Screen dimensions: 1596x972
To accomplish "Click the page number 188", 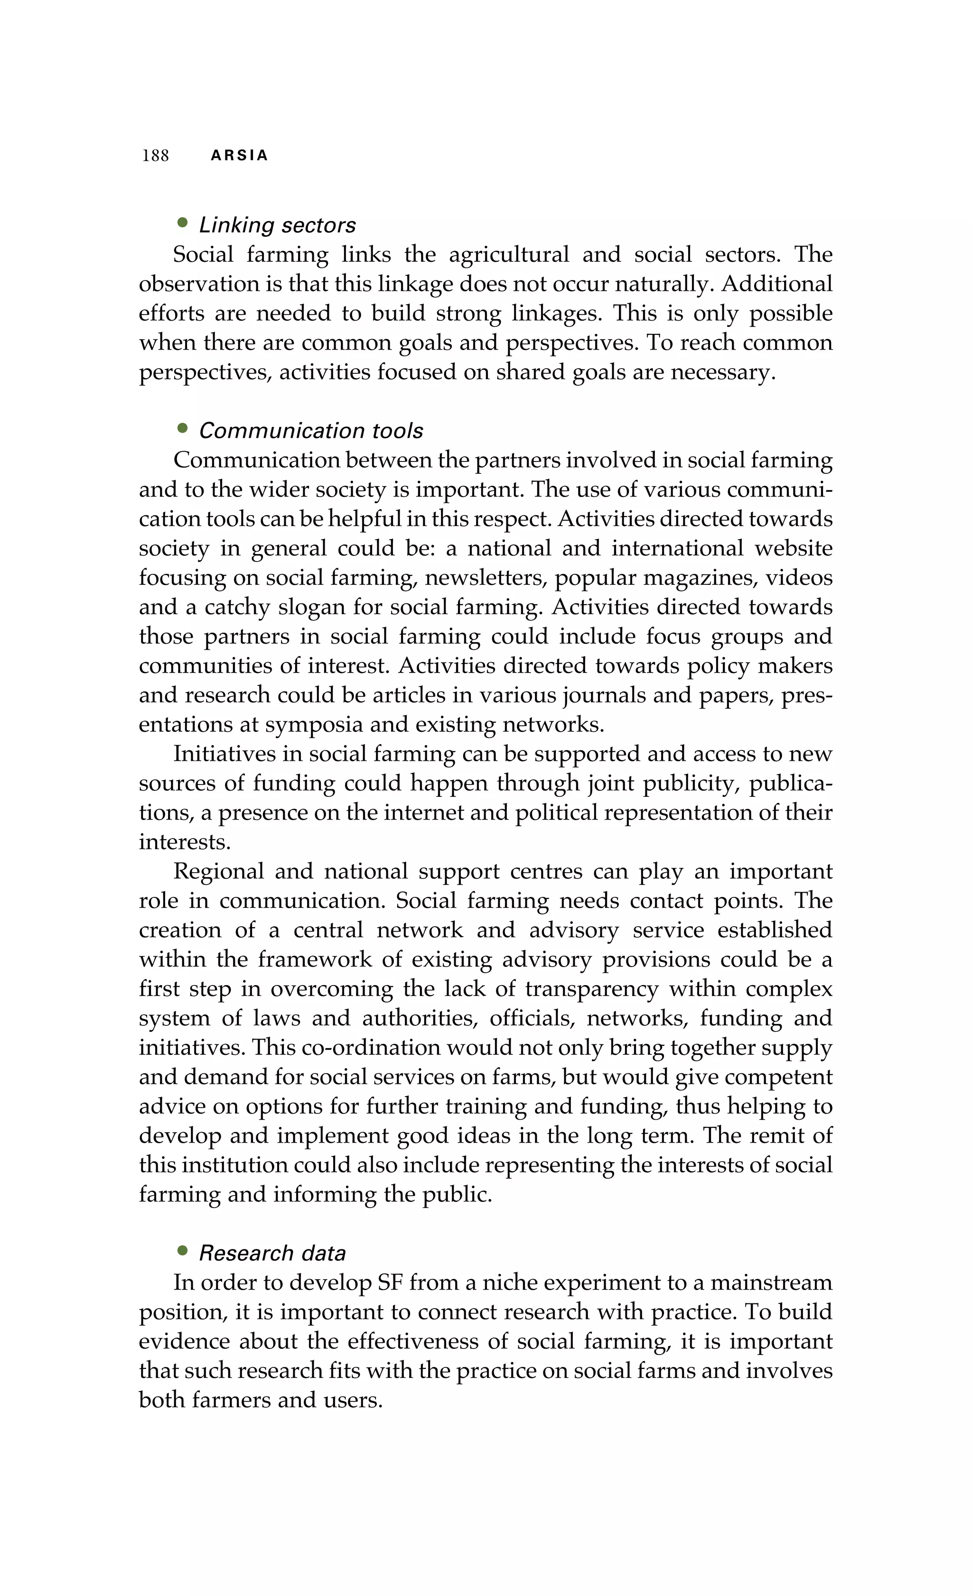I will tap(156, 156).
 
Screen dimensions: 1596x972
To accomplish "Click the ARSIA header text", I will tap(239, 156).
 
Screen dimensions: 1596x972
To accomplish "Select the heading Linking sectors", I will tap(277, 225).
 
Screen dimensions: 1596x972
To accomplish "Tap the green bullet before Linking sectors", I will tap(182, 223).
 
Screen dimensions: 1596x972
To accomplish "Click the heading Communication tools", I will tap(310, 431).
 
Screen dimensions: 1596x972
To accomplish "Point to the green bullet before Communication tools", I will tap(182, 428).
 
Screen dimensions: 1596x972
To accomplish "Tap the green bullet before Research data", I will tap(182, 1251).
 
